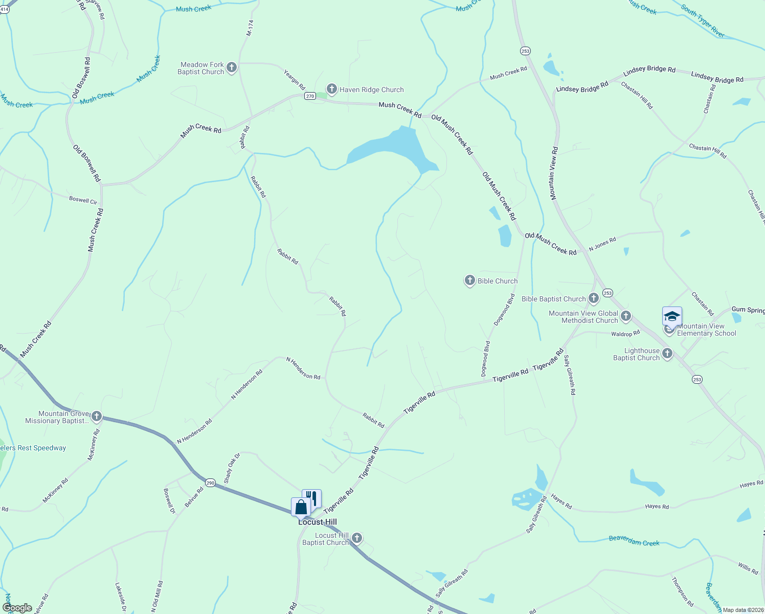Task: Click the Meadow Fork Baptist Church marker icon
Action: (231, 68)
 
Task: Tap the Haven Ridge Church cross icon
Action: (331, 90)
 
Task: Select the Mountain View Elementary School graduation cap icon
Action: (671, 317)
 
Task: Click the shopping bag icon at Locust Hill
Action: (301, 507)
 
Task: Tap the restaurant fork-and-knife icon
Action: (312, 498)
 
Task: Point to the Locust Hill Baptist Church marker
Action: (357, 538)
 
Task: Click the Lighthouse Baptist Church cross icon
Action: (667, 353)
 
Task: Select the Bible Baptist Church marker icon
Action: (593, 298)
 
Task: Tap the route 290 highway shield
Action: (210, 483)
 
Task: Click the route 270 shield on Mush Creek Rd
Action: (310, 96)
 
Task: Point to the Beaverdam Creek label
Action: (634, 541)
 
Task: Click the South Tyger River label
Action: (703, 20)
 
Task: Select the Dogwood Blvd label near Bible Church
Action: (504, 310)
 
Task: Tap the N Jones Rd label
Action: (602, 244)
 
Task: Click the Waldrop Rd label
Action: (625, 334)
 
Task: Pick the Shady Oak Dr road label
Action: (232, 468)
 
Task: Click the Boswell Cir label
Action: (83, 201)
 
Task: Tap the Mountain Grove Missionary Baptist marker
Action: (96, 416)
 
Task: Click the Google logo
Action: (18, 608)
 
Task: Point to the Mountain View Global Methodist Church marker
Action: (625, 316)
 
